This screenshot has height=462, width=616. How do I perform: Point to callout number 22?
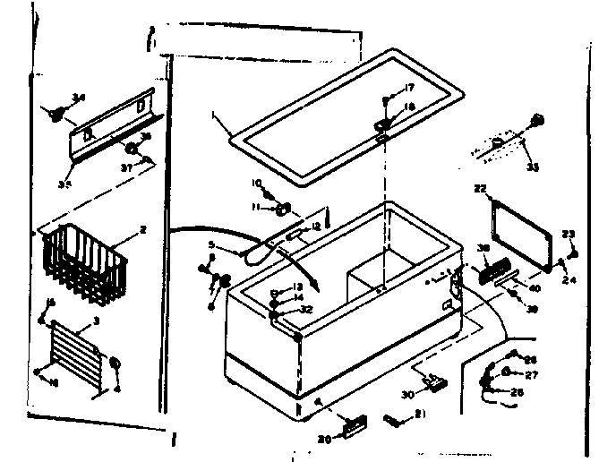pos(480,188)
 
